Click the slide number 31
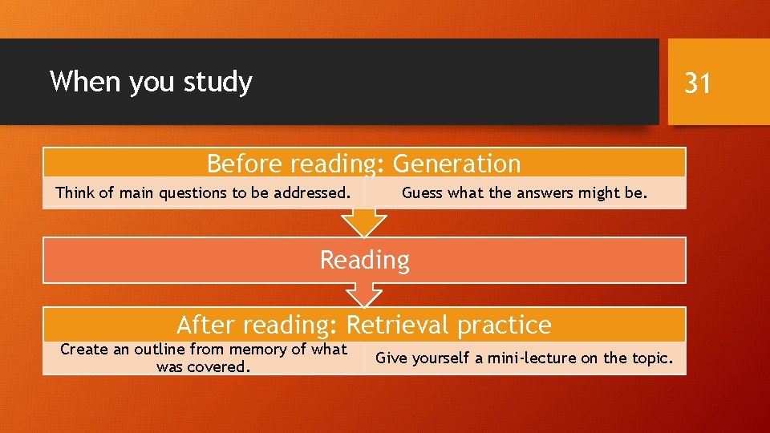tap(697, 82)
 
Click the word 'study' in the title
tap(217, 82)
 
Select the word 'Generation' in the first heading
tap(456, 164)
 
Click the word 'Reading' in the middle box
tap(364, 260)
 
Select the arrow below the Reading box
tap(364, 297)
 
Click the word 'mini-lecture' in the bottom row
tap(530, 358)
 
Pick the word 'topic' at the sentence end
tap(648, 358)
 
